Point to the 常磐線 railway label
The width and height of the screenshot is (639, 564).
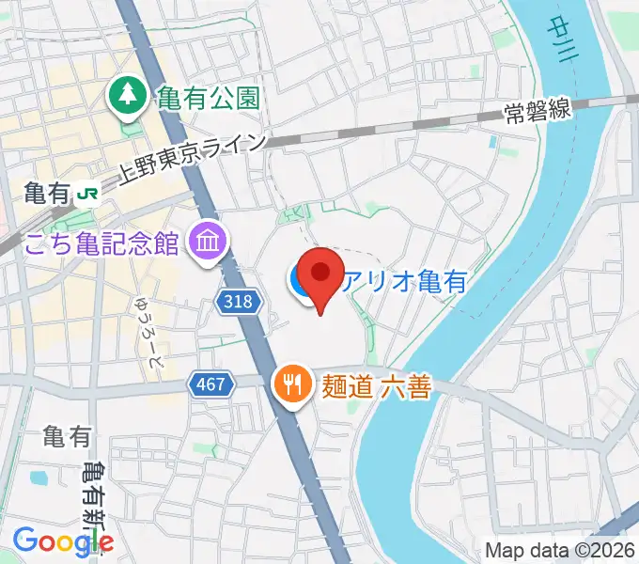pos(538,110)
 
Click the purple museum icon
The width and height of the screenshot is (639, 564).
pos(205,243)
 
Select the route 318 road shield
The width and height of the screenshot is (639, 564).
pos(239,301)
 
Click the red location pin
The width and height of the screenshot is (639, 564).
pos(322,275)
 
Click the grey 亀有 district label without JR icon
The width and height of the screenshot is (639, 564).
pos(67,437)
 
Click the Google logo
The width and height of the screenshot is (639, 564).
pos(63,540)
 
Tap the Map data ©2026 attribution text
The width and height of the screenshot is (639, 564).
pos(559,551)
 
